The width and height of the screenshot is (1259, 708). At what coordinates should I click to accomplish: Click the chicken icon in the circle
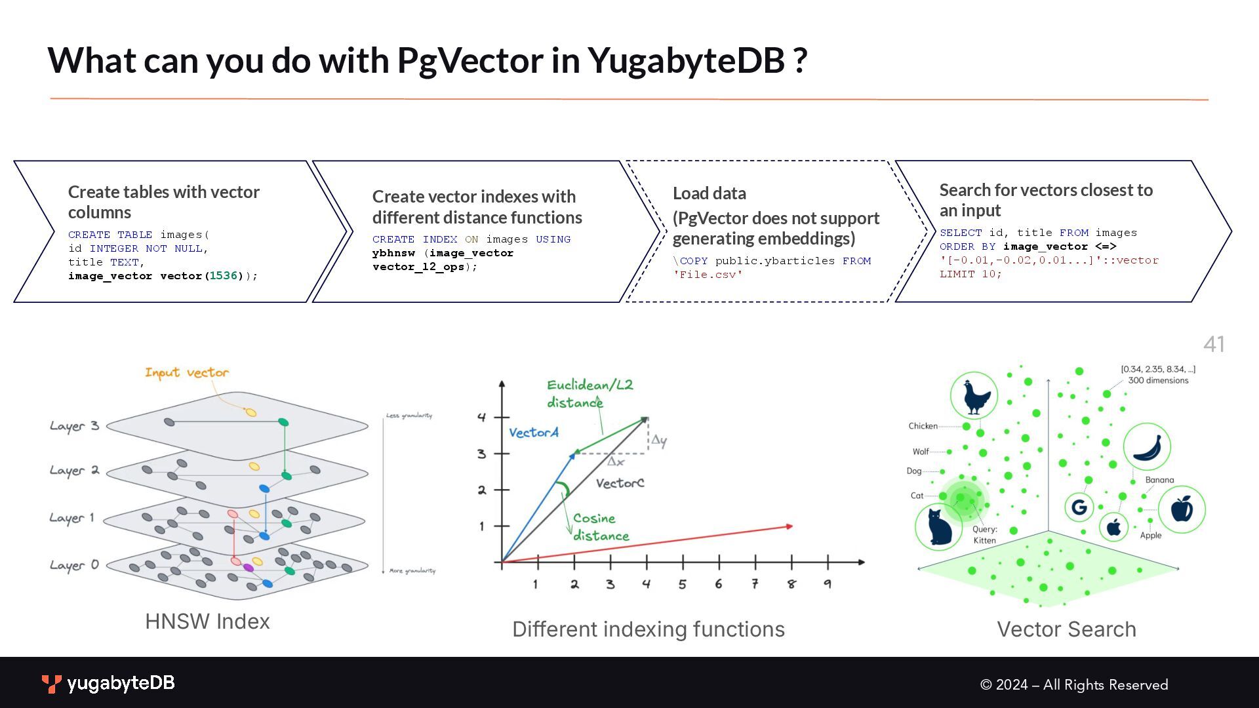point(974,396)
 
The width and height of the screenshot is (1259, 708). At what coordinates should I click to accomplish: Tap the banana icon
point(1147,448)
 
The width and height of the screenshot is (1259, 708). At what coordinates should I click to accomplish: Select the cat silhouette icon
point(938,526)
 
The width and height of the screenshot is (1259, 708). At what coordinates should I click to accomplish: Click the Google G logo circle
point(1079,507)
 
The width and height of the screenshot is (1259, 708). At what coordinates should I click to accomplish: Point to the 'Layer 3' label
point(74,426)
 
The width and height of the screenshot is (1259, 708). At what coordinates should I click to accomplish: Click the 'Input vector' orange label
point(187,373)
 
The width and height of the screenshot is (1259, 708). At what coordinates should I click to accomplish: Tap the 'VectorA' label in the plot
point(534,433)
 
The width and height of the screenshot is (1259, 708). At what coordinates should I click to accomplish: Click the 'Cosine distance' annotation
point(600,527)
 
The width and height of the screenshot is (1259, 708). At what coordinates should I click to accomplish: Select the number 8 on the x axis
point(791,584)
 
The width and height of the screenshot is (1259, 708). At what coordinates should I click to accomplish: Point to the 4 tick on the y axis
point(482,417)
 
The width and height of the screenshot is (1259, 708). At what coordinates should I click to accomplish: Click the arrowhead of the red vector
point(789,526)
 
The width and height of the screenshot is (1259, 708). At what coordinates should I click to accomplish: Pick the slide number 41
point(1214,344)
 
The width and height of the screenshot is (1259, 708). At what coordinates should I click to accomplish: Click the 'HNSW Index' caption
point(207,621)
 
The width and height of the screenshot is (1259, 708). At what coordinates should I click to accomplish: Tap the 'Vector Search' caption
point(1066,629)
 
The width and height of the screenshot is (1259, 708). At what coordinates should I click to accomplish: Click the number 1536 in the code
point(223,276)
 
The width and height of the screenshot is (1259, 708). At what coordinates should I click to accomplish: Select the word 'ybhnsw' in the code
point(393,253)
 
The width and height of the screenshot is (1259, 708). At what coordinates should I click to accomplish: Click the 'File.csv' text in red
point(708,275)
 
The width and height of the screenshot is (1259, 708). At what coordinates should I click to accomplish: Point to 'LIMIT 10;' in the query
point(970,274)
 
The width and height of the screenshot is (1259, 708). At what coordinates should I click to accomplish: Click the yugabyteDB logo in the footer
point(109,684)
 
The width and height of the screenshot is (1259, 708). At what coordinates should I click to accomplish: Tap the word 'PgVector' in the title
point(470,60)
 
